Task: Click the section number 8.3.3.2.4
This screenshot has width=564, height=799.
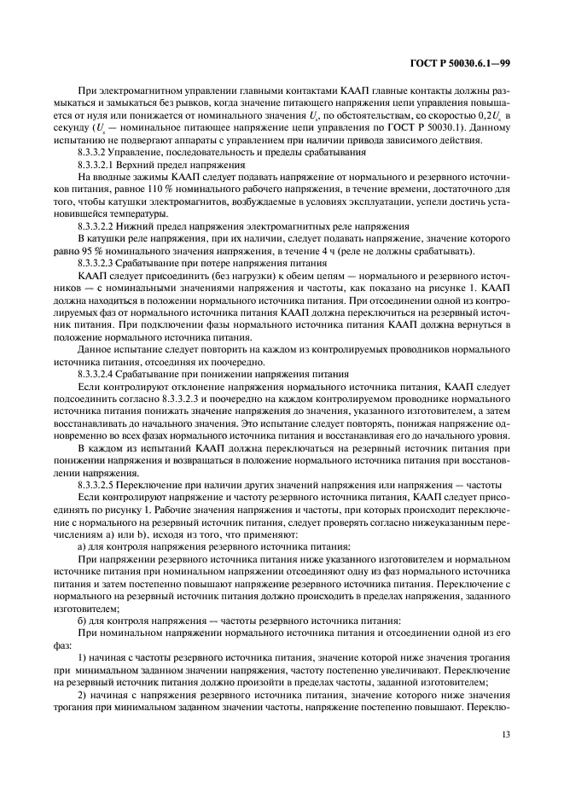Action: click(x=99, y=374)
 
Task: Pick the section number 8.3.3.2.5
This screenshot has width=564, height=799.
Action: click(x=99, y=485)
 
